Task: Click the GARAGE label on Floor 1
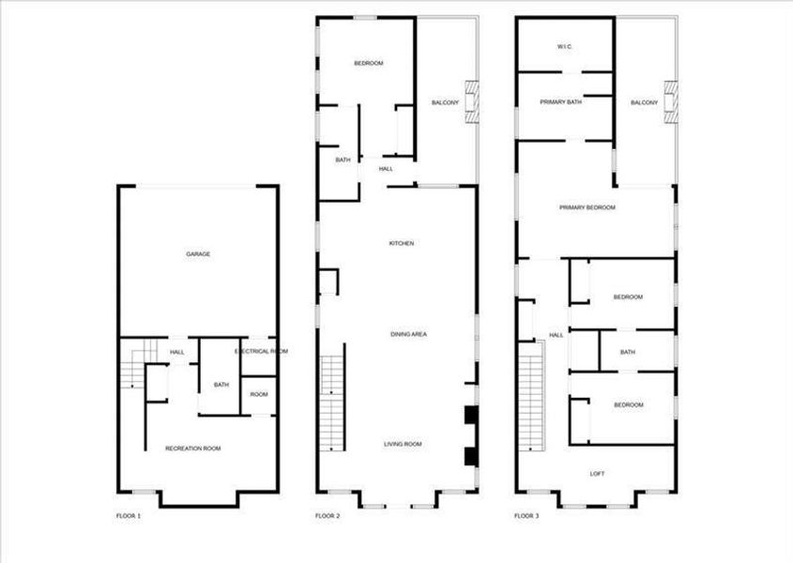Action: pyautogui.click(x=197, y=254)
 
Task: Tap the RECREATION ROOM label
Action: pyautogui.click(x=193, y=449)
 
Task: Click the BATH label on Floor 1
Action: pyautogui.click(x=221, y=385)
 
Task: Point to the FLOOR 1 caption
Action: pyautogui.click(x=128, y=516)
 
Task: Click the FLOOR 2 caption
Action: pyautogui.click(x=328, y=516)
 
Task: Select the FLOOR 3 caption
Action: pyautogui.click(x=526, y=516)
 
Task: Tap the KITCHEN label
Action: pyautogui.click(x=402, y=244)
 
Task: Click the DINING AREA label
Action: pyautogui.click(x=409, y=334)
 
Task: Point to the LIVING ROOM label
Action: pyautogui.click(x=404, y=444)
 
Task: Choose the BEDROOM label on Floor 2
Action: pyautogui.click(x=369, y=64)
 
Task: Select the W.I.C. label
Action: pyautogui.click(x=565, y=46)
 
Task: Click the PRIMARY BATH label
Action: pyautogui.click(x=560, y=102)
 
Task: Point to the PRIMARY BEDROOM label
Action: pyautogui.click(x=587, y=207)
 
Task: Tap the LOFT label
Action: pyautogui.click(x=597, y=474)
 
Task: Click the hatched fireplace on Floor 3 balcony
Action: pyautogui.click(x=670, y=101)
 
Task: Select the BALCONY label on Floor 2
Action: pyautogui.click(x=445, y=103)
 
